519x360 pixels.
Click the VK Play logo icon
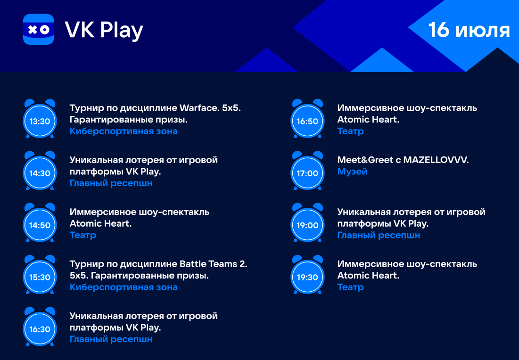pos(38,29)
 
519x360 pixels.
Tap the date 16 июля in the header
pos(469,30)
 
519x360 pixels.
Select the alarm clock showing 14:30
pos(40,171)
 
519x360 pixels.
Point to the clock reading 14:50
pos(40,222)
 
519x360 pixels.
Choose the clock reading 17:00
pos(307,171)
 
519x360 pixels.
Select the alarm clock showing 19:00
pos(307,222)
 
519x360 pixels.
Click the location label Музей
pos(352,172)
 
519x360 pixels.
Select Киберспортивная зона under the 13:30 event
pos(124,131)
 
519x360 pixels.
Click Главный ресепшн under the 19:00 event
pos(379,235)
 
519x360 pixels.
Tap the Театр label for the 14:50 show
pos(83,235)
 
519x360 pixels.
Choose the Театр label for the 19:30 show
pos(351,287)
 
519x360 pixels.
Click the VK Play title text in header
pos(104,31)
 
